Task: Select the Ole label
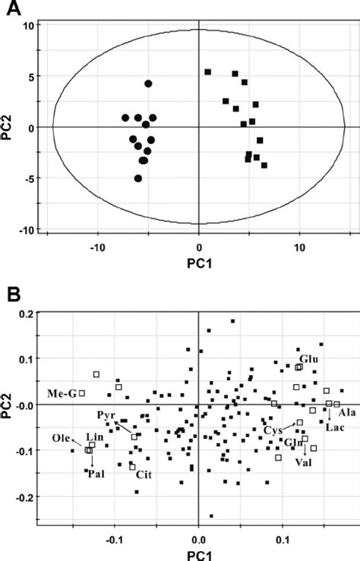pyautogui.click(x=62, y=438)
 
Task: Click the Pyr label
pyautogui.click(x=106, y=416)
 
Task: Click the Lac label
pyautogui.click(x=335, y=427)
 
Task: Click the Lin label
pyautogui.click(x=94, y=438)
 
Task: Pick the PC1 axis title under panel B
pyautogui.click(x=198, y=554)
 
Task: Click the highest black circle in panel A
pyautogui.click(x=148, y=84)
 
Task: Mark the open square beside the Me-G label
pyautogui.click(x=82, y=393)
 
